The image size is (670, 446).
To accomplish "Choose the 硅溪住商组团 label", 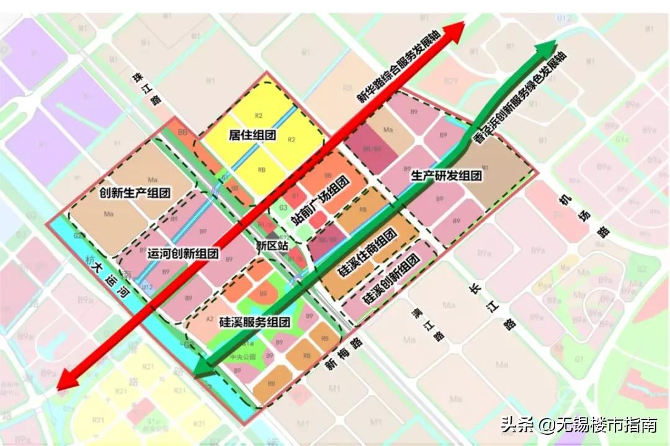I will point(367,256).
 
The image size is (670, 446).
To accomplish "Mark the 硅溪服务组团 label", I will point(255,322).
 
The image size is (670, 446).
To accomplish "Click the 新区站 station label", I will point(272,245).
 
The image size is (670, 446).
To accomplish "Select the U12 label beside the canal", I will point(146,287).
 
